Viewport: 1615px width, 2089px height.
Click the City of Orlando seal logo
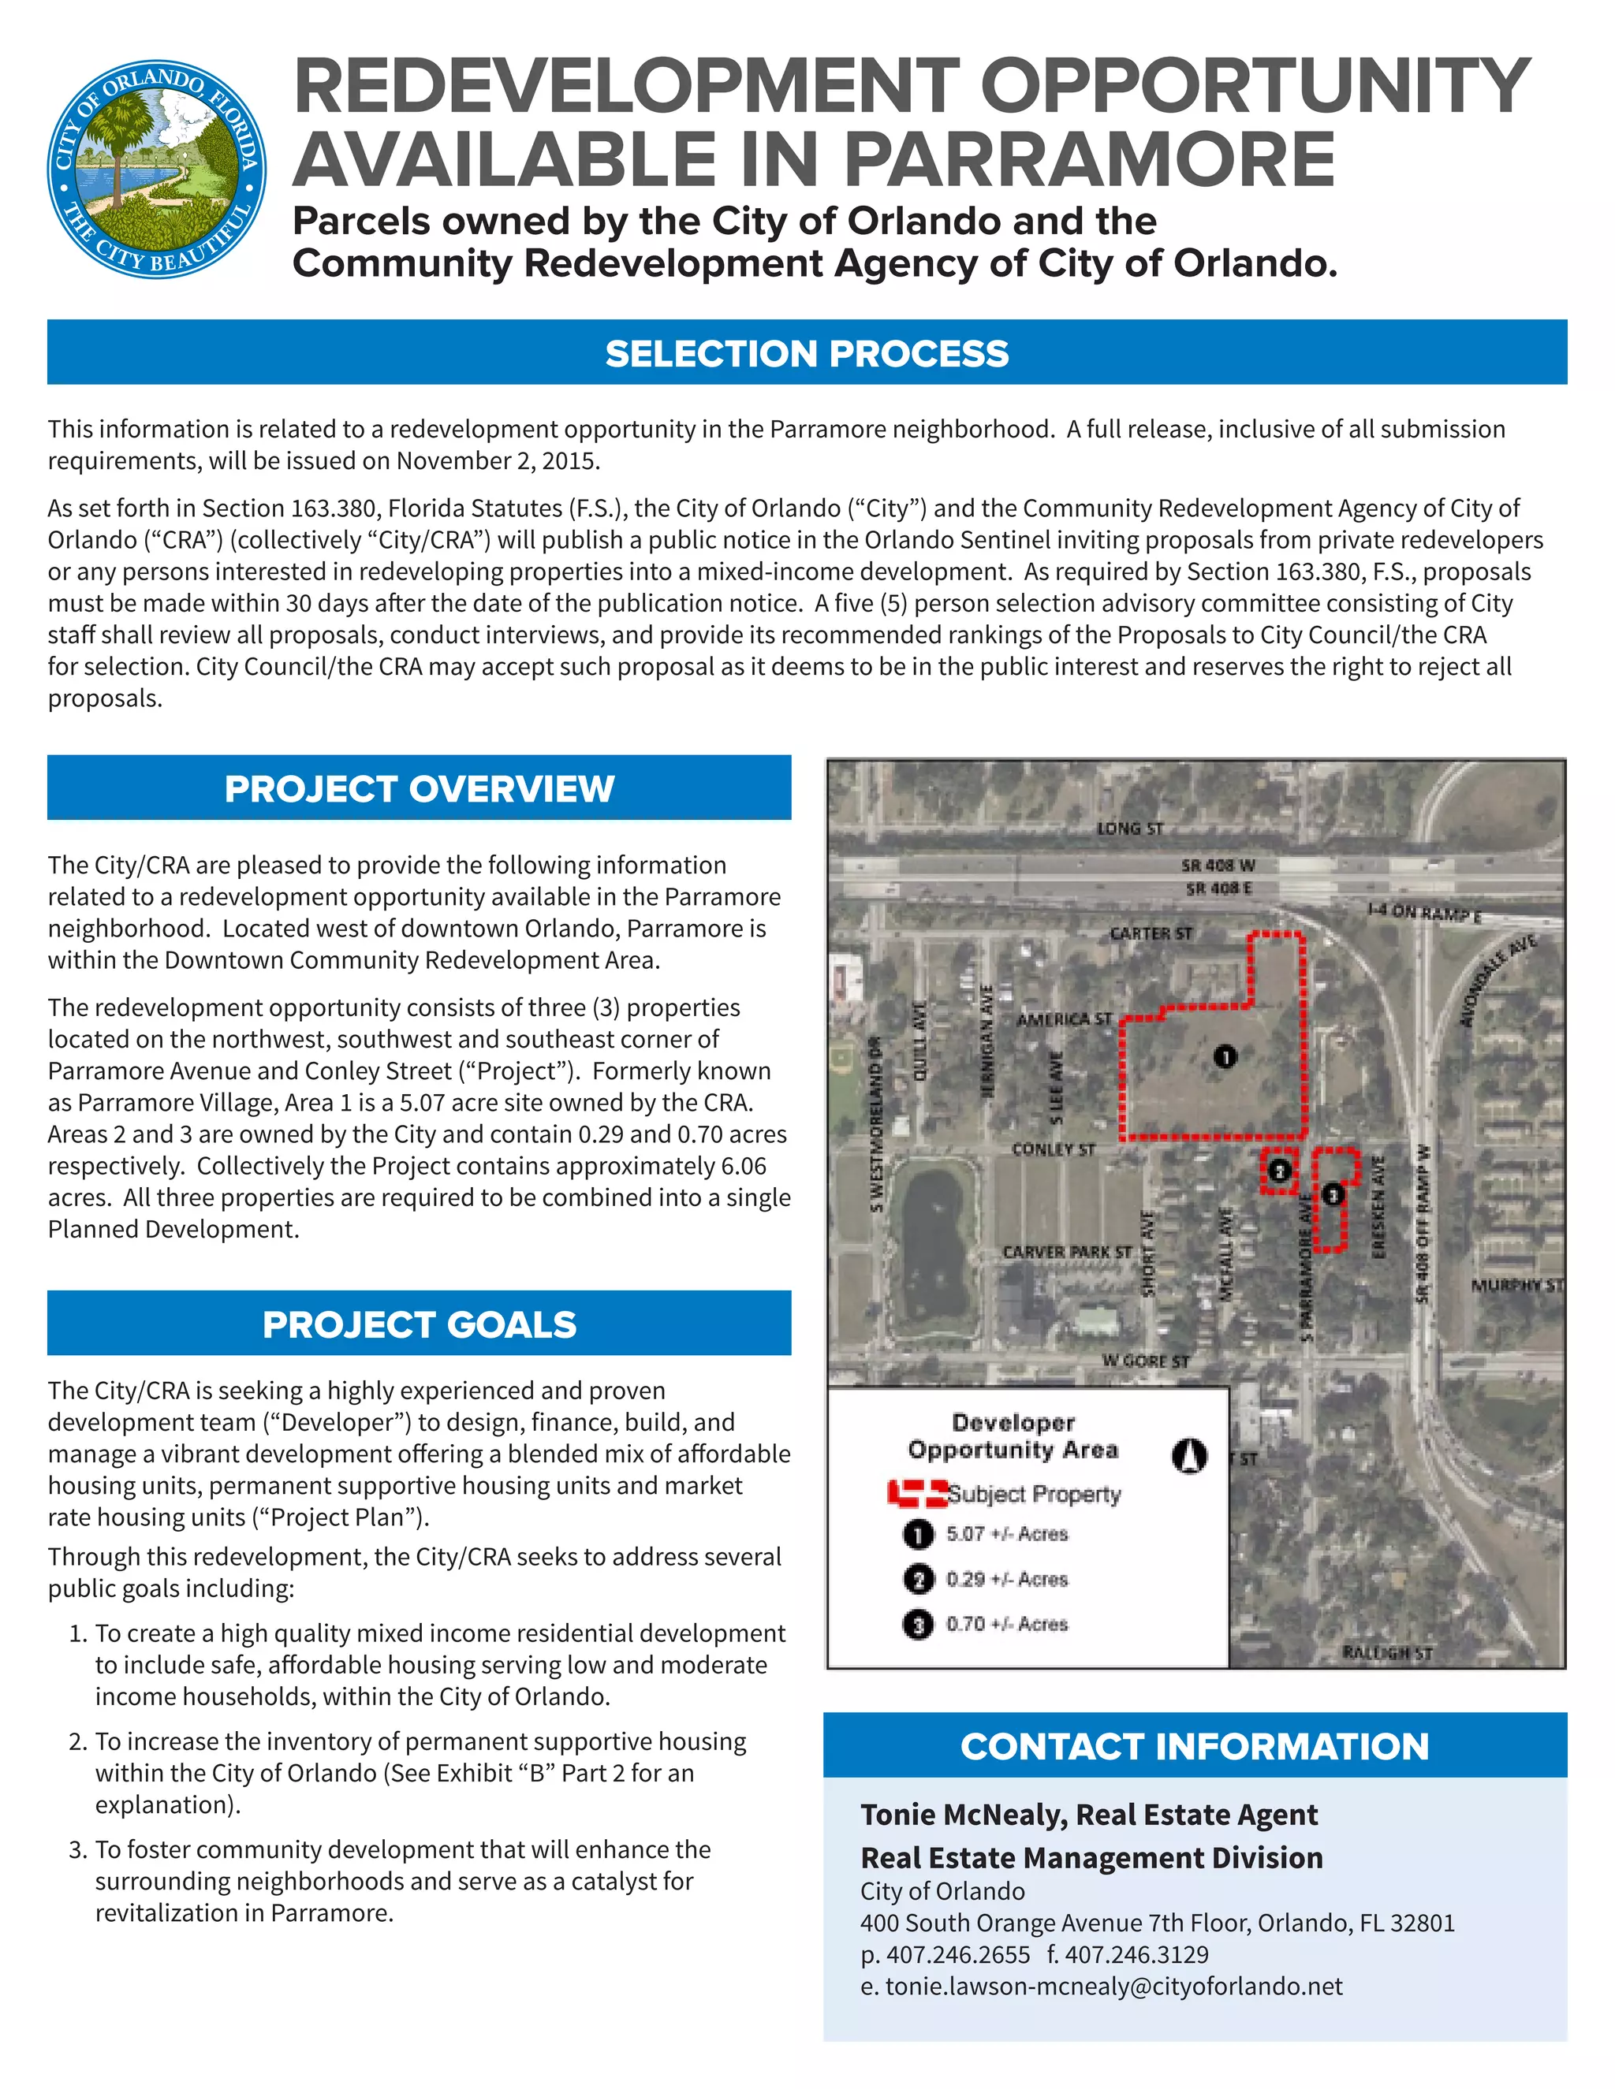[156, 170]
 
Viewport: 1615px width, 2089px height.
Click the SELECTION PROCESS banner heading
[807, 353]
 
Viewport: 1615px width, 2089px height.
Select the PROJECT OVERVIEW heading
[419, 788]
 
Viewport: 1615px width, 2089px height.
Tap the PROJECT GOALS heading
[419, 1324]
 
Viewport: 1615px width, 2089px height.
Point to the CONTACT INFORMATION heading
[1194, 1745]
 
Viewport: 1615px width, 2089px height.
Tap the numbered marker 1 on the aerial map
[1225, 1056]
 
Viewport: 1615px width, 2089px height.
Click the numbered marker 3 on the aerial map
[1333, 1194]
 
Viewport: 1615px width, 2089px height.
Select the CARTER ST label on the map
[1151, 933]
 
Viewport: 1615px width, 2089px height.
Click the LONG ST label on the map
[1130, 829]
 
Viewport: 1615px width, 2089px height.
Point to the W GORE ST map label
[1145, 1360]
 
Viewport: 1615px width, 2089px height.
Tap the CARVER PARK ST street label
[1067, 1252]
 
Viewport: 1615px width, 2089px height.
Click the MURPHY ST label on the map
[1516, 1285]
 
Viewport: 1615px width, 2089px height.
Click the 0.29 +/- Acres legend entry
[1006, 1579]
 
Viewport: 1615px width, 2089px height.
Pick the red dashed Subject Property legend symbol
[916, 1493]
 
